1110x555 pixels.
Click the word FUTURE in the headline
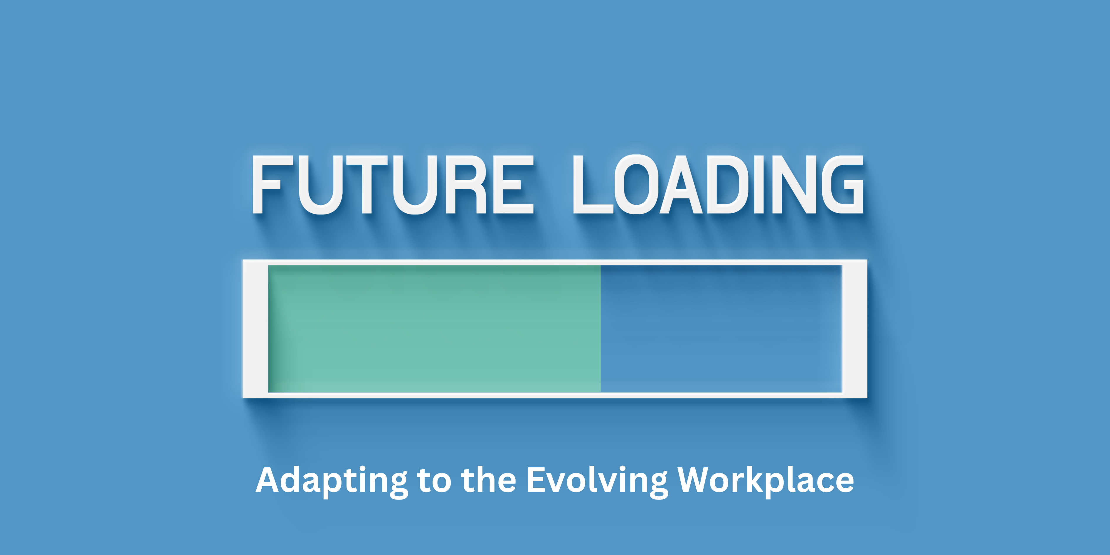(393, 184)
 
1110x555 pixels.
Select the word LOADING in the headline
(718, 184)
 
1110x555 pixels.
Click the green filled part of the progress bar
(434, 329)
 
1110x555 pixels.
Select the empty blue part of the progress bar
(721, 329)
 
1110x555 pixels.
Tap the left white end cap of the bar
(255, 329)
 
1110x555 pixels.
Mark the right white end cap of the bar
(854, 329)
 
